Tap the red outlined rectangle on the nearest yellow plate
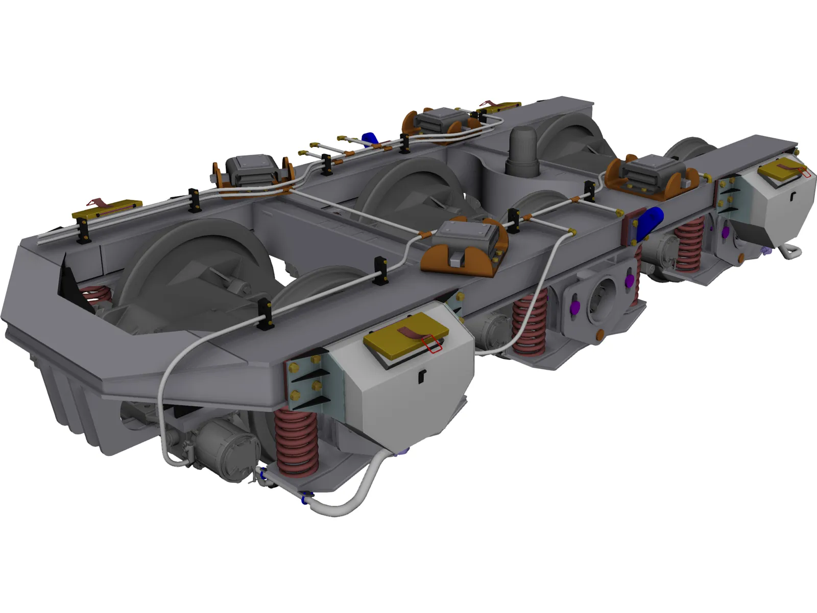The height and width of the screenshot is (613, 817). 431,344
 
